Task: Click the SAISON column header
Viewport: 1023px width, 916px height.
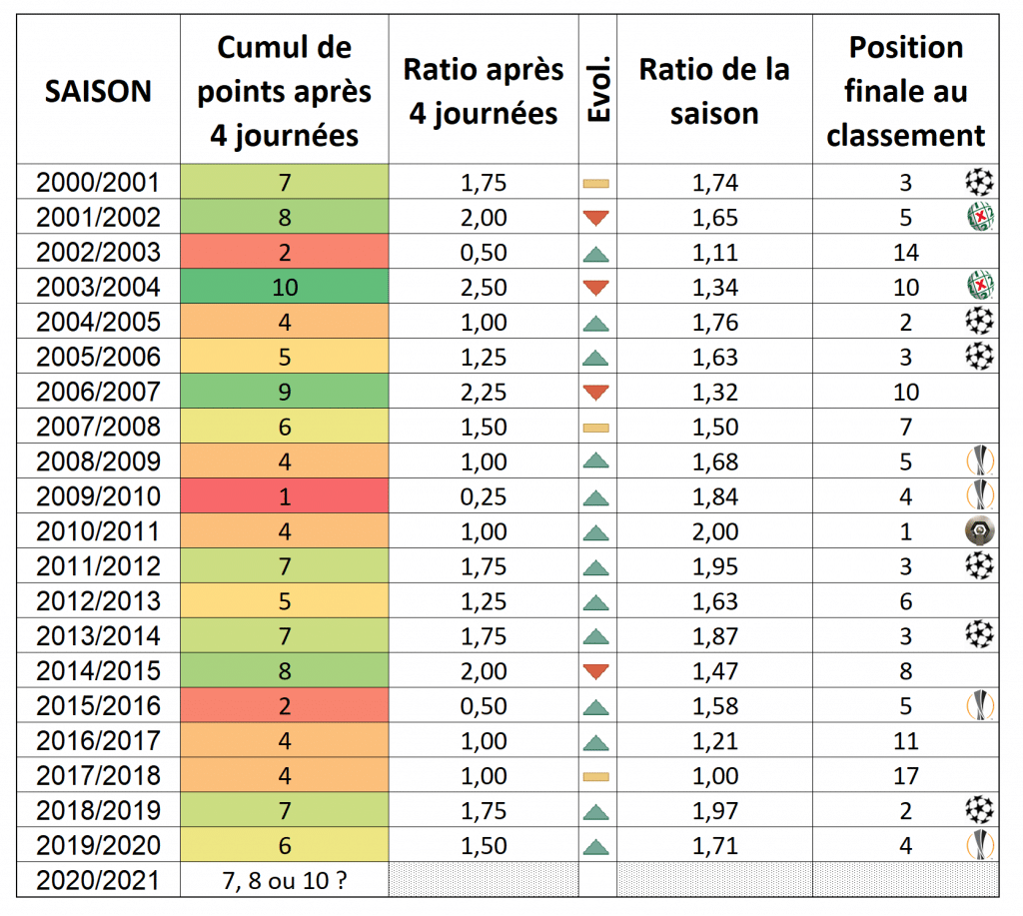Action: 98,91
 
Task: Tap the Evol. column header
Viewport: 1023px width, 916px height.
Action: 598,89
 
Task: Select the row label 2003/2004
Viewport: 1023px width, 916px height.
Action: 98,287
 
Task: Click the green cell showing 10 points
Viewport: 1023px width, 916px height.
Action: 285,287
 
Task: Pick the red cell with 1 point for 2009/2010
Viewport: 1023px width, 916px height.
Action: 285,495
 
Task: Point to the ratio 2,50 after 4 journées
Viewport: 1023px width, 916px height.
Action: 484,287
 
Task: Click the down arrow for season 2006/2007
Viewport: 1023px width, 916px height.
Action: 595,393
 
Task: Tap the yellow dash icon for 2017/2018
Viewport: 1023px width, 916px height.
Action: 595,776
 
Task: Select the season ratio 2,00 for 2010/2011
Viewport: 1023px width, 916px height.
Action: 715,531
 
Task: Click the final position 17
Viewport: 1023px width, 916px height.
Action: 905,776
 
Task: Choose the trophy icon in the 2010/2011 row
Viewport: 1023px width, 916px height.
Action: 979,530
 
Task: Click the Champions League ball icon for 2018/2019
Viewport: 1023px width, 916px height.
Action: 979,810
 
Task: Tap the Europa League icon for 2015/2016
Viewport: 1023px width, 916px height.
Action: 980,705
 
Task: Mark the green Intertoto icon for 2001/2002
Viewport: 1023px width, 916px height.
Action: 980,217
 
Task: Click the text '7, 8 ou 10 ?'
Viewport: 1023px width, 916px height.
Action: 285,881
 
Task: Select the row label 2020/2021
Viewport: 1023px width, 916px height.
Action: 98,881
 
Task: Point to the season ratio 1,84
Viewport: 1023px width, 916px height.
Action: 715,496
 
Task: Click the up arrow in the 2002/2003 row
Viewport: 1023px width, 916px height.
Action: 595,254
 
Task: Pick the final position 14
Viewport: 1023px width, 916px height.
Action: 905,253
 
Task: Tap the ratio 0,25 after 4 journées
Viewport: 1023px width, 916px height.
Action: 484,496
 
